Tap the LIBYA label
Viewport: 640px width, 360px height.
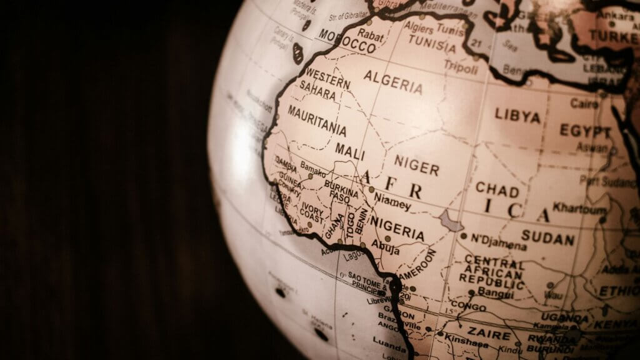coord(517,116)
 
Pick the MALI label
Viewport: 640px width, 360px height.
coord(350,150)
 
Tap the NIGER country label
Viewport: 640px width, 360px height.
coord(416,166)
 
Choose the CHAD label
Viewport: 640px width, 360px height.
coord(497,189)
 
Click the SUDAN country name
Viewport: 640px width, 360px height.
coord(548,238)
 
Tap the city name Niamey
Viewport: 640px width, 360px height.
coord(392,201)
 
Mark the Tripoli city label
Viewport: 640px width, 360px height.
coord(461,65)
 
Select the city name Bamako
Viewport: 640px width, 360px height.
coord(313,168)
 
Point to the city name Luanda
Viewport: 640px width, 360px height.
coord(389,341)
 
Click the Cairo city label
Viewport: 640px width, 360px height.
coord(584,103)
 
